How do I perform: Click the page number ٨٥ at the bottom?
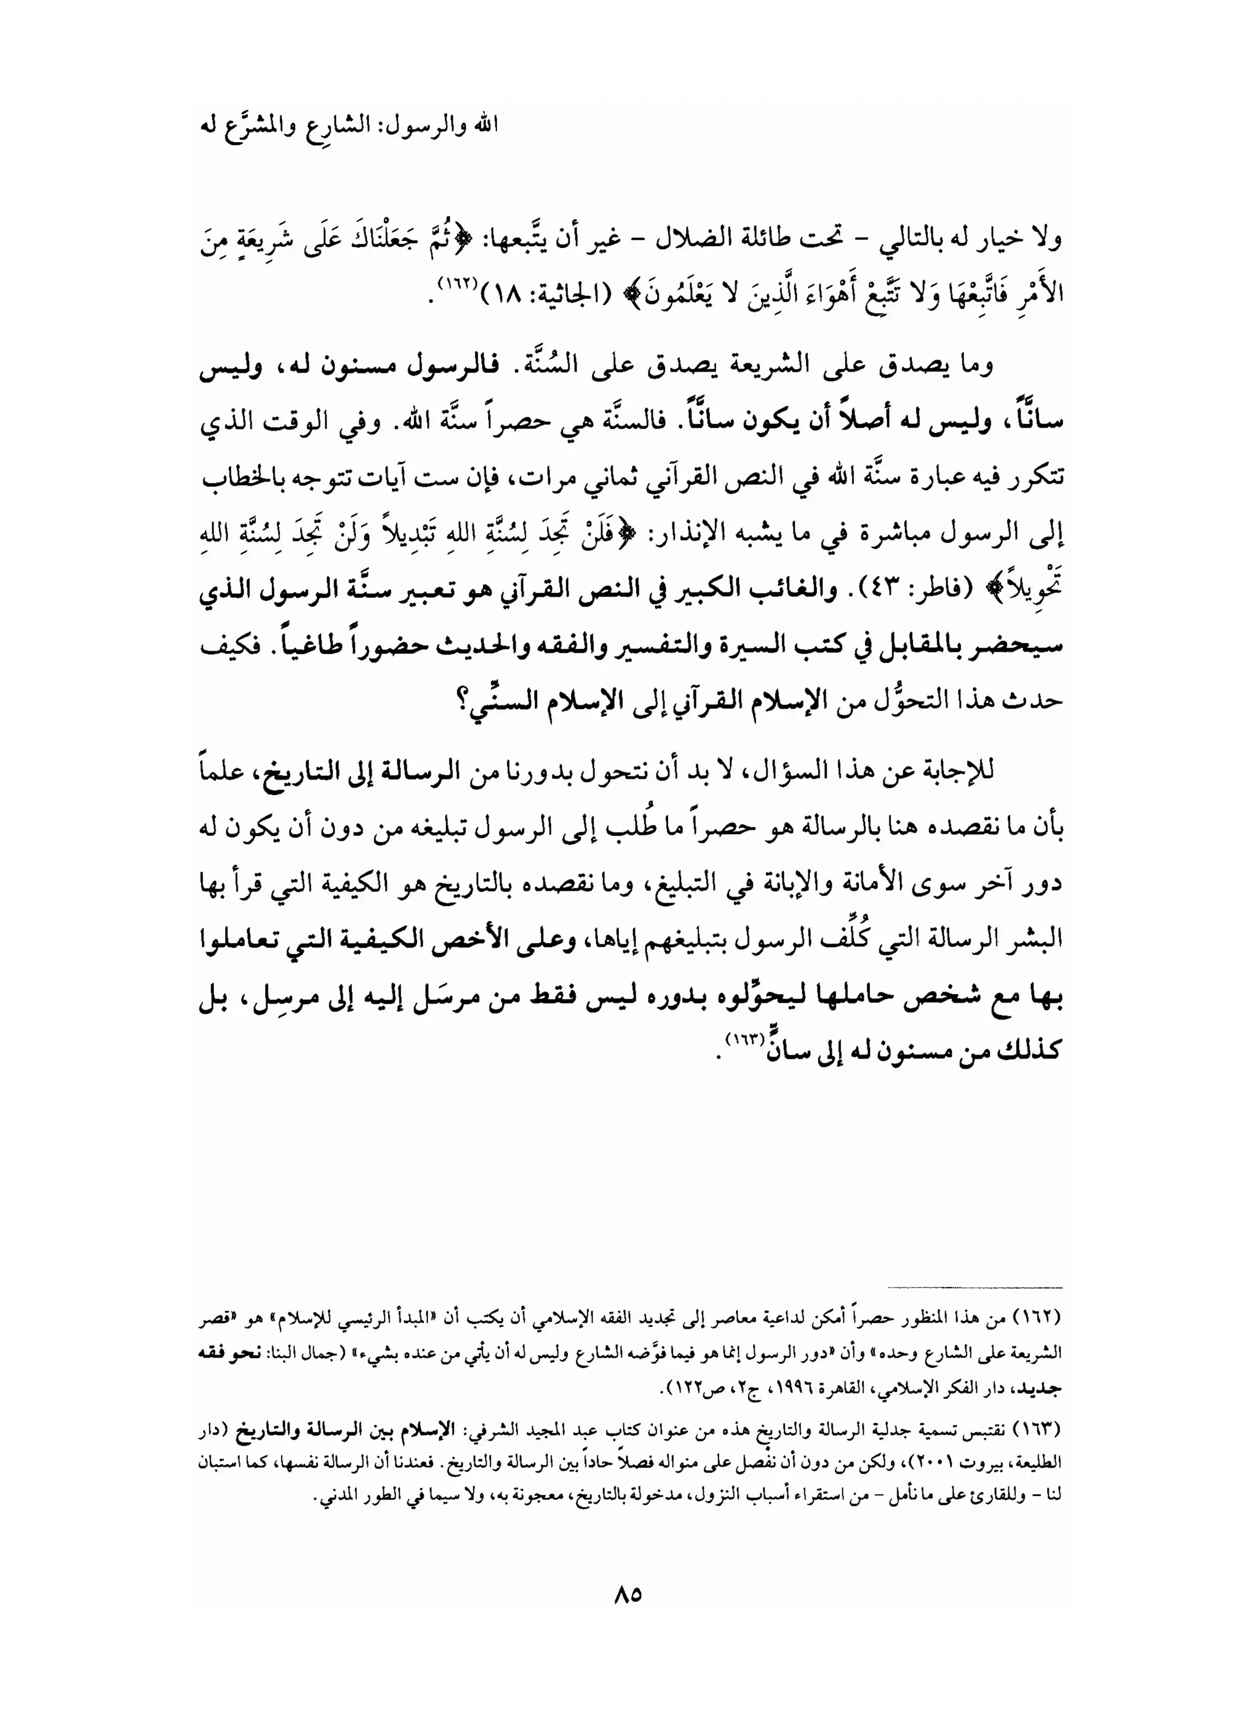tap(627, 1595)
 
